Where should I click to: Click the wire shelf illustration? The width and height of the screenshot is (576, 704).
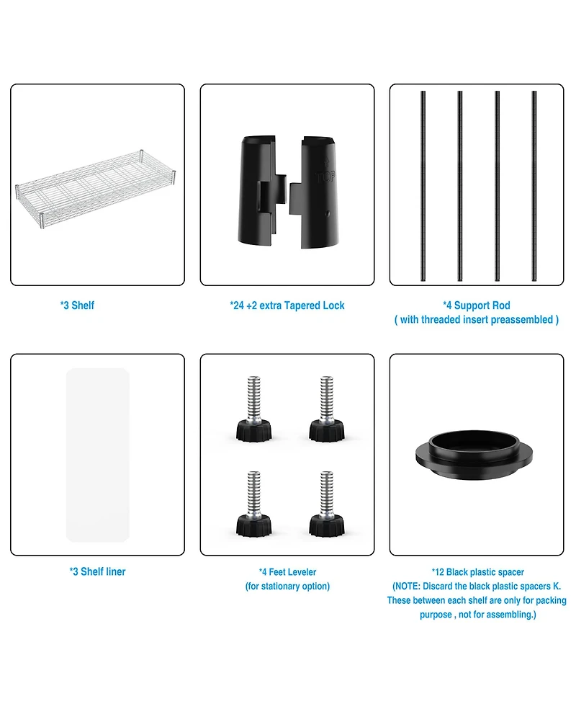tap(95, 189)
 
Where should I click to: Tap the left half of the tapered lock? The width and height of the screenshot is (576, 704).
tap(262, 190)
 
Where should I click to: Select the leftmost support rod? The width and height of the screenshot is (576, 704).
tap(423, 186)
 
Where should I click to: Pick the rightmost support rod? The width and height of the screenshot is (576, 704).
tap(534, 186)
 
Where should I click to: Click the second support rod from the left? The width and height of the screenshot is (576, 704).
tap(460, 186)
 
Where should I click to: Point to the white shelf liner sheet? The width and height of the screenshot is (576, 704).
tap(98, 455)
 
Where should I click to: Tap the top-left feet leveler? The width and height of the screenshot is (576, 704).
tap(254, 409)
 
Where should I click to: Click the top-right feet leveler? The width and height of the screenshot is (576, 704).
tap(327, 409)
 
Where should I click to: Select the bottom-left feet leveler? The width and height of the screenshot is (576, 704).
tap(254, 504)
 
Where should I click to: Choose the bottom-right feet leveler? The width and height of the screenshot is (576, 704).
tap(327, 504)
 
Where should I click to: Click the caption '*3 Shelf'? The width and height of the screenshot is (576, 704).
tap(77, 306)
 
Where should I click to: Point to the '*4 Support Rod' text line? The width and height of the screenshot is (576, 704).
tap(477, 306)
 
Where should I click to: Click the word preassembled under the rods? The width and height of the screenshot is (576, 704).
tap(522, 320)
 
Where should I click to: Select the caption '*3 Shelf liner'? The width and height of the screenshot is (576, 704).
tap(97, 571)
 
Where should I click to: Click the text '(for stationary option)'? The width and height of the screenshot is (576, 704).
tap(287, 586)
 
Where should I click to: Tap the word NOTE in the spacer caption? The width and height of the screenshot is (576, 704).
tap(408, 586)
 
